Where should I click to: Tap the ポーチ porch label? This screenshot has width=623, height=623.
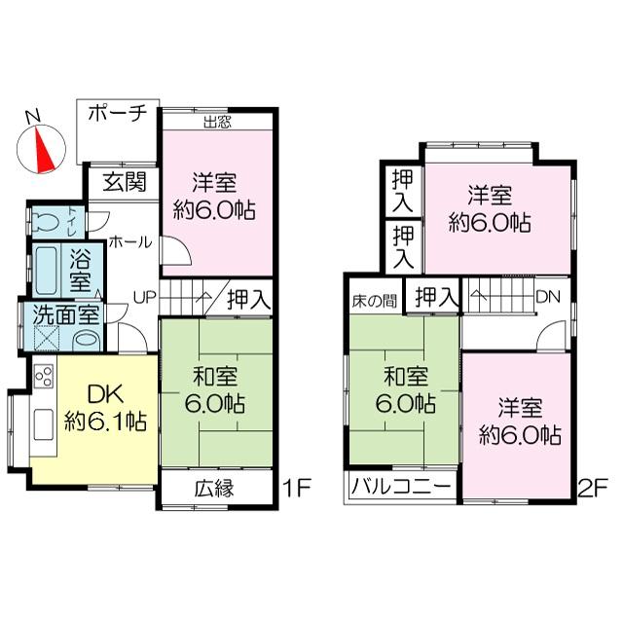[116, 114]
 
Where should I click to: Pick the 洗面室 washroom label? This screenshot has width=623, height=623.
[64, 314]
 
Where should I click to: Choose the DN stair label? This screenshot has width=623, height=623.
[547, 295]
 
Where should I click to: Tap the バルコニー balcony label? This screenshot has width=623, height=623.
[400, 488]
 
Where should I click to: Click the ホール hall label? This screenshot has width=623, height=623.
[128, 241]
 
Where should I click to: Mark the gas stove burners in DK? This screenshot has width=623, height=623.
[43, 376]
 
